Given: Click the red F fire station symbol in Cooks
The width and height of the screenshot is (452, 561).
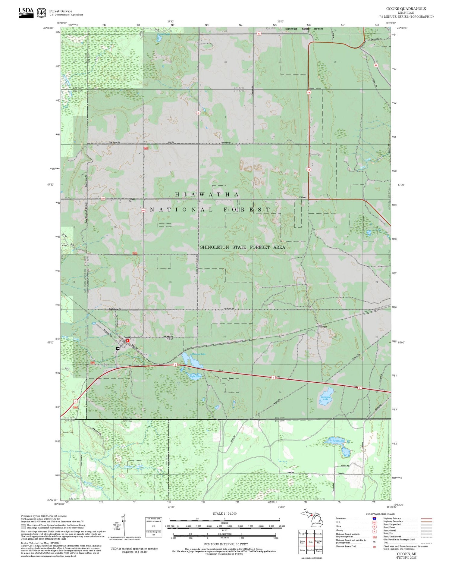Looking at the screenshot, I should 128,340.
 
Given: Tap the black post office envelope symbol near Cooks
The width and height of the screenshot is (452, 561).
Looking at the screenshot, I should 118,348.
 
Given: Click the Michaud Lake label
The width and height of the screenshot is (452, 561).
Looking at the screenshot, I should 199,354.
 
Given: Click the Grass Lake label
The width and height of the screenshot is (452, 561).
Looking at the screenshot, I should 338,441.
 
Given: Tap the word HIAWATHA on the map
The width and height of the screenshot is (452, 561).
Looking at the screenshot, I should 207,195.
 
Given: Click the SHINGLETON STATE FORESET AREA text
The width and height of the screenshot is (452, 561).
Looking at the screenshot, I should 243,247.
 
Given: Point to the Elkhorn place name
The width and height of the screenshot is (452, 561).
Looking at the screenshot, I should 303,197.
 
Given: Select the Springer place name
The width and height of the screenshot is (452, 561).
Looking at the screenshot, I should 323,327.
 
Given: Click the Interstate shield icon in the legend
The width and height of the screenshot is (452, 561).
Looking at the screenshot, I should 374,519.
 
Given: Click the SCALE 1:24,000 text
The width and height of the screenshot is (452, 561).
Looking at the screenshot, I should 224,513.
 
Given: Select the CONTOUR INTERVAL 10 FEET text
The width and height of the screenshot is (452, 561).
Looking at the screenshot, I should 226,544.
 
